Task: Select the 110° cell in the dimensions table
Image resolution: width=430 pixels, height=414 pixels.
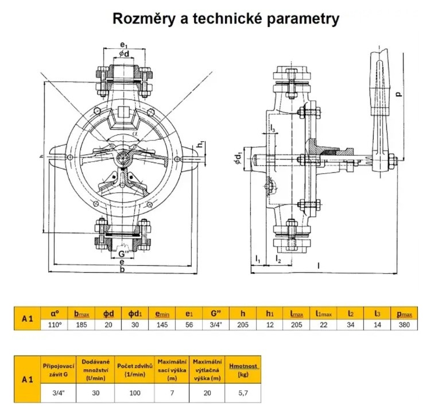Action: pyautogui.click(x=55, y=324)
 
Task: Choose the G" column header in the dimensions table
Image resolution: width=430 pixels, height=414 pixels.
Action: pyautogui.click(x=216, y=314)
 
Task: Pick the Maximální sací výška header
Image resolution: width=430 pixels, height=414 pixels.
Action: pyautogui.click(x=171, y=369)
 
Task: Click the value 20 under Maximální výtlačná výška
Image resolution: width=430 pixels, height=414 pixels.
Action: pyautogui.click(x=207, y=394)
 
